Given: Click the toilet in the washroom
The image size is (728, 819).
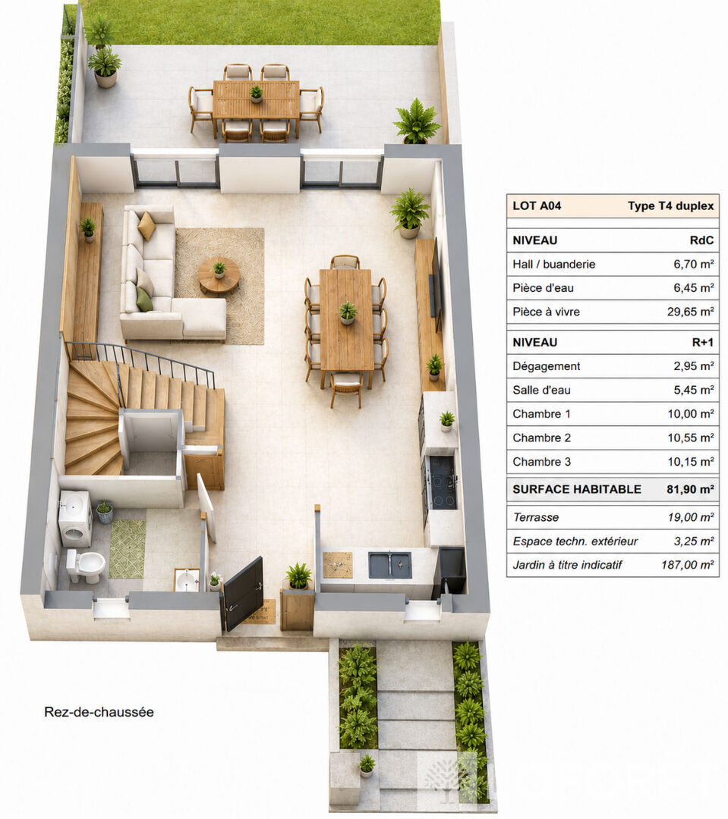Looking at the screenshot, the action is (85, 566).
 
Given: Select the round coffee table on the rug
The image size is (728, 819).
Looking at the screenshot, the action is (219, 276).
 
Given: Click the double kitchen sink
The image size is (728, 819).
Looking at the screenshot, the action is (389, 565).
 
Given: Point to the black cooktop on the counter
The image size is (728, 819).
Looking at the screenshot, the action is (441, 482).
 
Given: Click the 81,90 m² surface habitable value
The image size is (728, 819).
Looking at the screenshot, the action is (690, 489).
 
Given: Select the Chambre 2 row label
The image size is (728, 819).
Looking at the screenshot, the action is (541, 438).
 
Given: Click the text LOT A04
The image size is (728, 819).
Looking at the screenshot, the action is (537, 206).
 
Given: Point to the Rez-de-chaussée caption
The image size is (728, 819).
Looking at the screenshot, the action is (99, 712).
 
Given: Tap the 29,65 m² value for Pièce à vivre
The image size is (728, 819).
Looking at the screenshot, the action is (690, 312).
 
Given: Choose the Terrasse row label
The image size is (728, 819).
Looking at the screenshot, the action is (535, 517).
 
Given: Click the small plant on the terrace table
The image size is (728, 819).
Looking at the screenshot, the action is (257, 94).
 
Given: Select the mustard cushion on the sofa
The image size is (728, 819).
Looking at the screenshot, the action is (147, 226).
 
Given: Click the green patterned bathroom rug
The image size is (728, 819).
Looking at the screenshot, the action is (127, 549).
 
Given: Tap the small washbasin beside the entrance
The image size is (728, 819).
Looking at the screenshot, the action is (187, 580).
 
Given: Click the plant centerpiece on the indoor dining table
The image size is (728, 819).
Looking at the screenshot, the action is (347, 313).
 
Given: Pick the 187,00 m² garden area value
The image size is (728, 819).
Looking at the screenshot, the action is (687, 565).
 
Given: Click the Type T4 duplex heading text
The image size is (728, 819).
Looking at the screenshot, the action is (670, 206).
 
